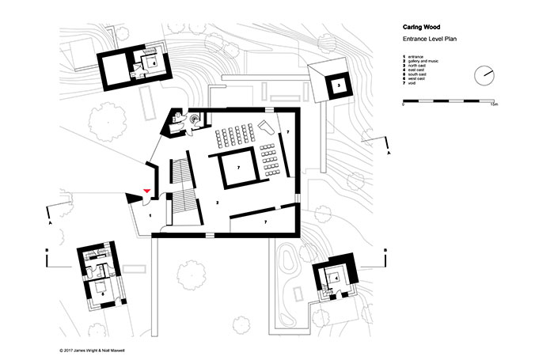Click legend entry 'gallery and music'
click(427, 62)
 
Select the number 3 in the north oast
click(337, 85)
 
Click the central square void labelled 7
click(237, 167)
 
